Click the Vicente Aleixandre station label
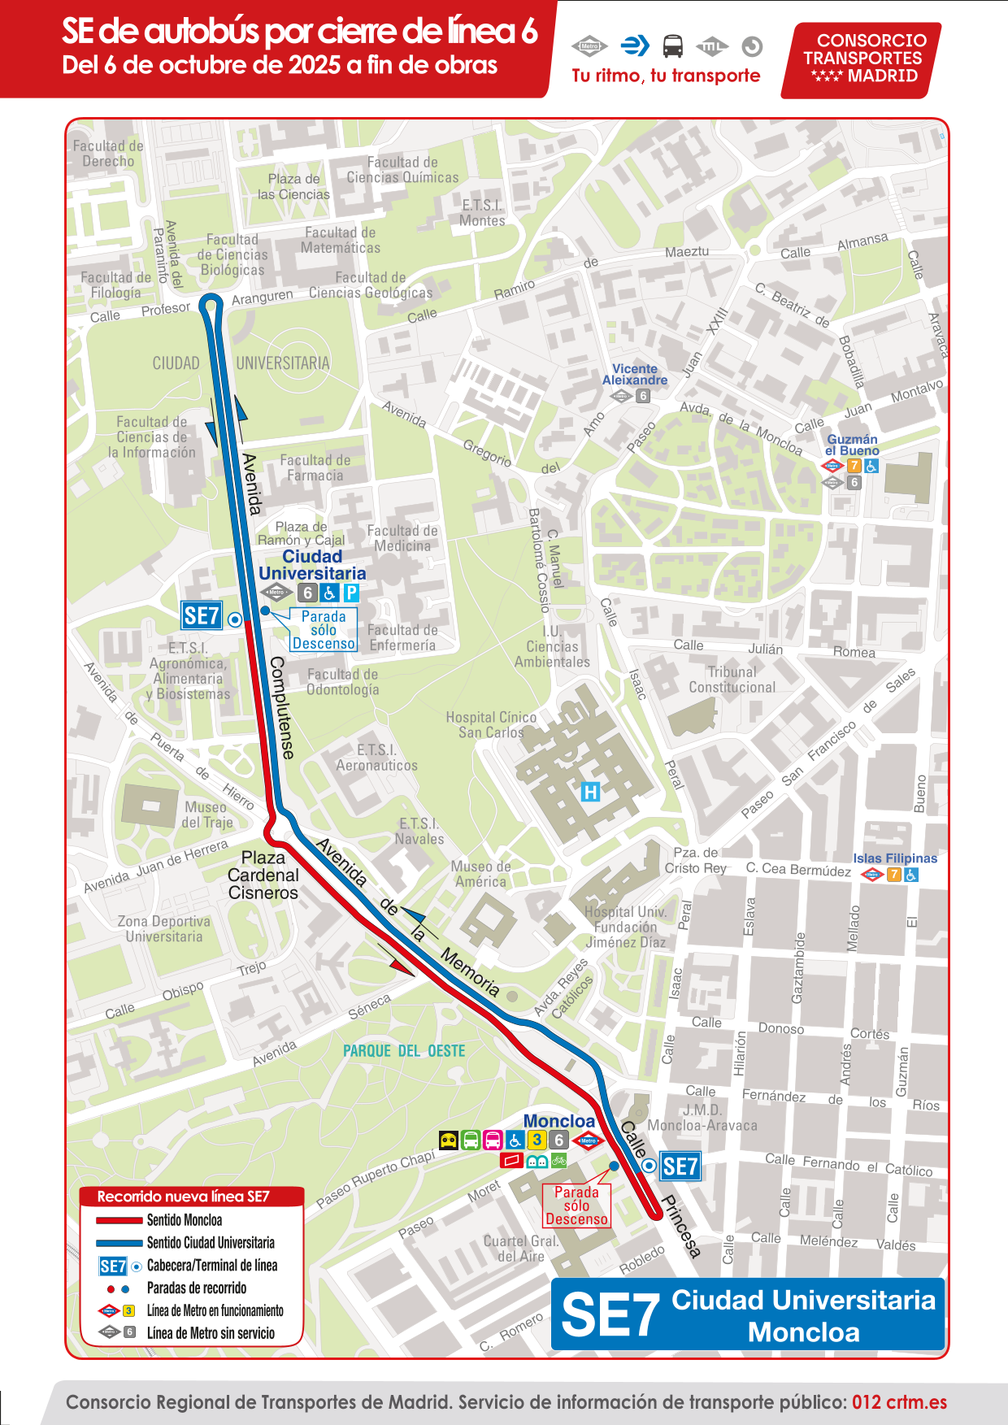click(x=634, y=374)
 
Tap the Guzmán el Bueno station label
click(x=852, y=445)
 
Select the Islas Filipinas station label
click(x=894, y=858)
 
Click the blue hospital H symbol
click(x=591, y=791)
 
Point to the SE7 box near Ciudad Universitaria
click(x=201, y=616)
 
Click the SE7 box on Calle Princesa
click(x=680, y=1167)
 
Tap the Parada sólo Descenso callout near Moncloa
click(x=576, y=1206)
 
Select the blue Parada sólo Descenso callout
click(x=324, y=630)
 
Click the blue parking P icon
click(x=351, y=593)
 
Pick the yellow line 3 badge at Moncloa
click(x=537, y=1140)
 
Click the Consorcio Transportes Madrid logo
click(x=862, y=59)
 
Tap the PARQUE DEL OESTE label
click(x=404, y=1051)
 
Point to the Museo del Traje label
click(x=206, y=815)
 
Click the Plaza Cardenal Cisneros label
click(x=263, y=875)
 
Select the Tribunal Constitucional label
click(x=732, y=680)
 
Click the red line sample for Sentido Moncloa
click(x=119, y=1220)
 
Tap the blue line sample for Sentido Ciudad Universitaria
click(x=119, y=1243)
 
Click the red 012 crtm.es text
click(x=899, y=1402)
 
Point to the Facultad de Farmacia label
click(x=315, y=467)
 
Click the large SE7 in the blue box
click(x=610, y=1315)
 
